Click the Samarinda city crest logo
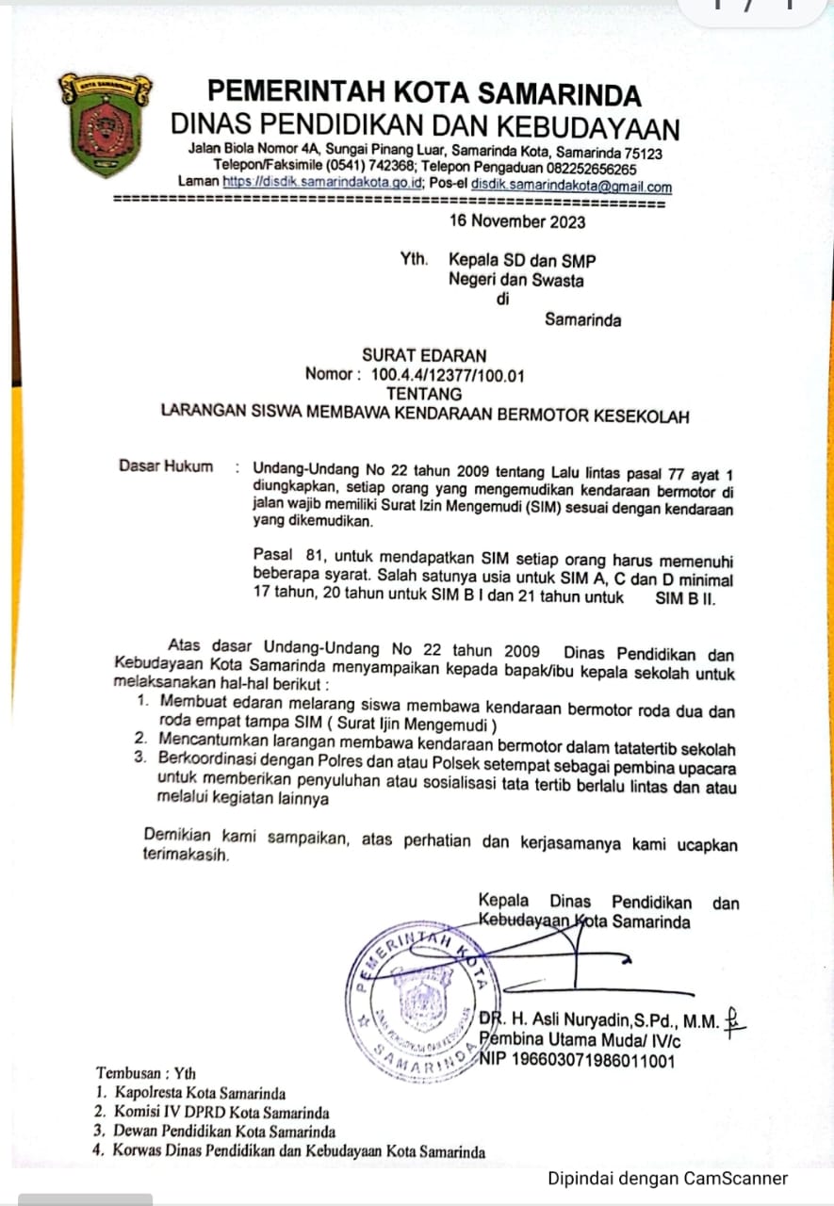[104, 123]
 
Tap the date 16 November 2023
[517, 221]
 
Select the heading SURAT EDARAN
[425, 355]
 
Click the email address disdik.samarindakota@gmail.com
[571, 187]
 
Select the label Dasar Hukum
[166, 465]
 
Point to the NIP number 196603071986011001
[577, 1061]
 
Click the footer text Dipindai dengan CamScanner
[667, 1178]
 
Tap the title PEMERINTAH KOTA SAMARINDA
[424, 94]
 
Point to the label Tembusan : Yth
[146, 1073]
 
